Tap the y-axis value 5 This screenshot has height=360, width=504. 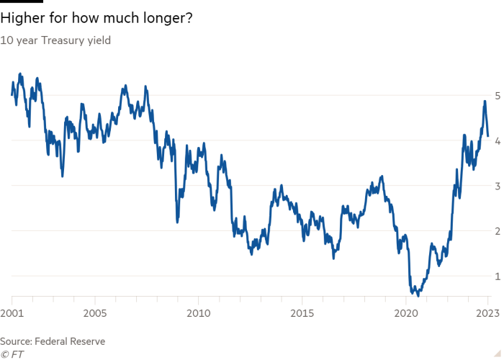point(496,95)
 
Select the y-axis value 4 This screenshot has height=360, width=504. point(496,140)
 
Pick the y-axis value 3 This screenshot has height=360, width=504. point(496,186)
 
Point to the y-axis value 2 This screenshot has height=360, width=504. point(496,231)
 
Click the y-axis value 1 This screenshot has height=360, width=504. point(496,276)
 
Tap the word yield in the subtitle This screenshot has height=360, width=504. point(99,41)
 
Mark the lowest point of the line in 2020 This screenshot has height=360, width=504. point(417,294)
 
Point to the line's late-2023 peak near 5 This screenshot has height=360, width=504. point(485,102)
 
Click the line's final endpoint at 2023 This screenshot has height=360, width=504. point(488,136)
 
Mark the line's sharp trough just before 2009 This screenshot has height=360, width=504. point(176,222)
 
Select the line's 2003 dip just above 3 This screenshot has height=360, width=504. point(63,175)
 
